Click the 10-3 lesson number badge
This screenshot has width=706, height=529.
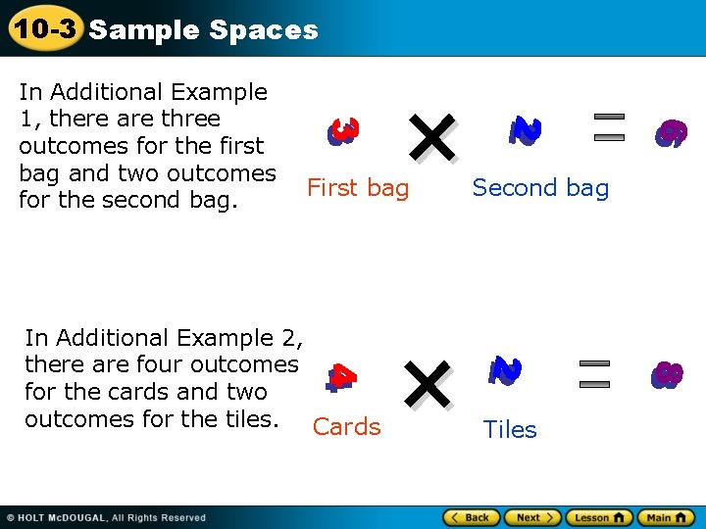click(44, 28)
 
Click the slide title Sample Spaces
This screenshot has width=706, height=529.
click(203, 30)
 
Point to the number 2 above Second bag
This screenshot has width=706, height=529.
click(526, 130)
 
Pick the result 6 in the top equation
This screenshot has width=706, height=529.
click(672, 133)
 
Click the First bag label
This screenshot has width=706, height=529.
click(358, 188)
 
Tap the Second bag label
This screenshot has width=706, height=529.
click(540, 188)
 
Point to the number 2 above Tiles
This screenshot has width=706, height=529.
click(505, 369)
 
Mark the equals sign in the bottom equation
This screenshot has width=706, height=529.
click(594, 371)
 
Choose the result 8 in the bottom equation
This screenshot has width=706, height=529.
click(667, 375)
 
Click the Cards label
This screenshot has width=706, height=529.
click(346, 427)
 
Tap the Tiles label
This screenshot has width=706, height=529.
click(510, 429)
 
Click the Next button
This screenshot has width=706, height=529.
click(534, 517)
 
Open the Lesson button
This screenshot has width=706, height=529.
click(598, 517)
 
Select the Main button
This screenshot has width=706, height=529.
click(665, 517)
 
